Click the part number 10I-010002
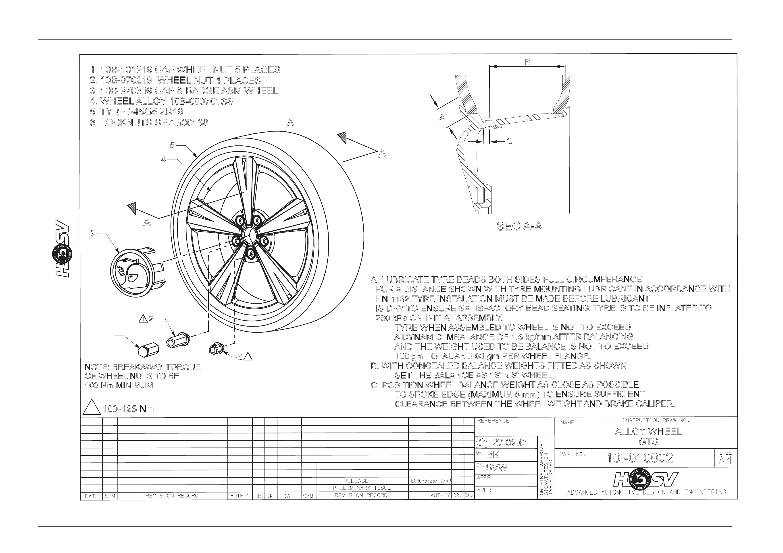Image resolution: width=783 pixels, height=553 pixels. [639, 458]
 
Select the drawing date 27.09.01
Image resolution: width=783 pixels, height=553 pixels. [510, 443]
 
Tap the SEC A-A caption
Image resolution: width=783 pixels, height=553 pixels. [519, 226]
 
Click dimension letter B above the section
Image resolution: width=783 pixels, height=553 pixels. [527, 62]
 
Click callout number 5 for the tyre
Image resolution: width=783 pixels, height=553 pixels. [172, 145]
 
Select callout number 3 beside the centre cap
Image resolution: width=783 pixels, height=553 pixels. [92, 234]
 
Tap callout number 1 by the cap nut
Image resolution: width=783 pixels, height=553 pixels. [111, 335]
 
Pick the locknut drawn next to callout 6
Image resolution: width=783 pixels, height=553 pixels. [216, 348]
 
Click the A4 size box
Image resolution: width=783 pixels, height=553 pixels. [726, 458]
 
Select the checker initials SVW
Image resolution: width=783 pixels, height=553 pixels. [497, 468]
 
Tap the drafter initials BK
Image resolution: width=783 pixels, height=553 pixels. [493, 455]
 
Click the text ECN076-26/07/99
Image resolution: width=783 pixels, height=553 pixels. [431, 481]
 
